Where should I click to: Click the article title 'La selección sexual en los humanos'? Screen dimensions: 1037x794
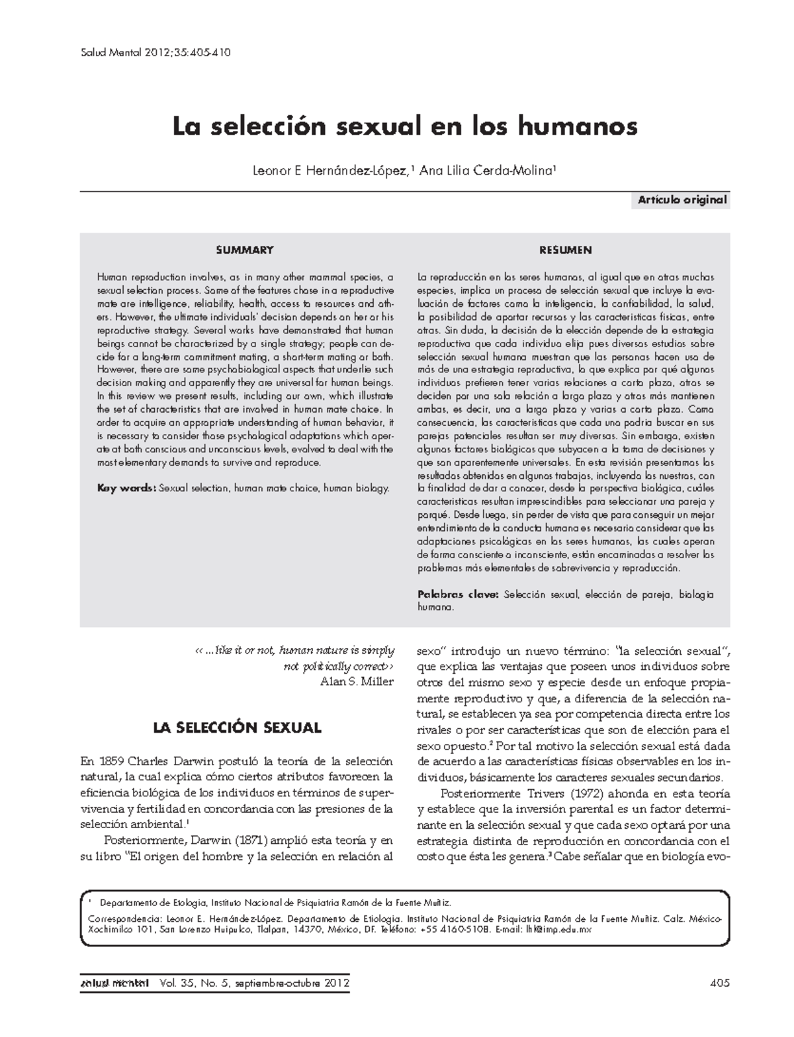point(405,126)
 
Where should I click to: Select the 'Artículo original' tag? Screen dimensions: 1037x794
point(682,200)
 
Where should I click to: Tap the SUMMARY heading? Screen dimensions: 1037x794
point(245,250)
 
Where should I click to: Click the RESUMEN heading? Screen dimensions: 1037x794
point(565,250)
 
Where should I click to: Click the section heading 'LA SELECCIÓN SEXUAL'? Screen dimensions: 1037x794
point(237,728)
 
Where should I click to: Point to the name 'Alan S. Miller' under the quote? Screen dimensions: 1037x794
point(357,682)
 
